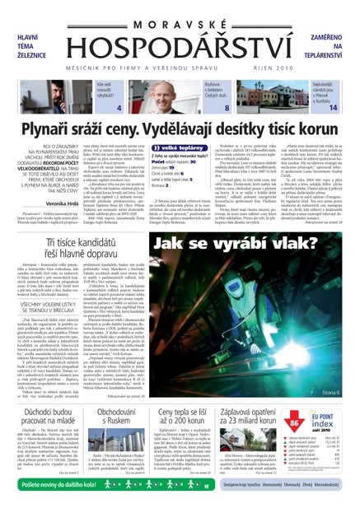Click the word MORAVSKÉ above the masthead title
pyautogui.click(x=180, y=12)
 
